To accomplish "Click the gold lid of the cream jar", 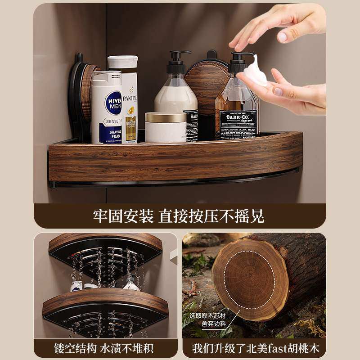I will tap(166, 117).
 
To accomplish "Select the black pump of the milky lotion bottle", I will tap(176, 63).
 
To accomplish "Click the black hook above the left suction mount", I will tap(80, 58).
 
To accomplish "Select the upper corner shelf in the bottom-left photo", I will tap(105, 252).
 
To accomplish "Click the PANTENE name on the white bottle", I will tap(130, 98).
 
